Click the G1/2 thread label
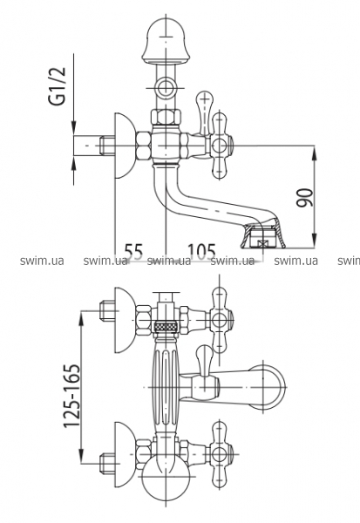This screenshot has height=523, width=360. click(x=58, y=86)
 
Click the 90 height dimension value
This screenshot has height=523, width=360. click(x=305, y=198)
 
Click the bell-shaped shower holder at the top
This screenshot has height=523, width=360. click(x=166, y=42)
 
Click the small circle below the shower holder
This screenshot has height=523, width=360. click(x=165, y=88)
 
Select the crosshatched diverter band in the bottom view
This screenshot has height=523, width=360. click(x=166, y=326)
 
